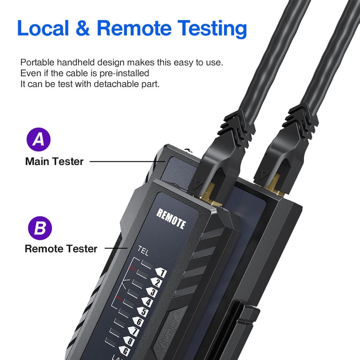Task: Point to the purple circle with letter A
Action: click(39, 140)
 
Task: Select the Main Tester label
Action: click(54, 161)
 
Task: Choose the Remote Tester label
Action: click(61, 249)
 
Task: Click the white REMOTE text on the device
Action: click(171, 219)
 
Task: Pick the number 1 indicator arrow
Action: click(161, 273)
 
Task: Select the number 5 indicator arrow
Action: click(143, 312)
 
